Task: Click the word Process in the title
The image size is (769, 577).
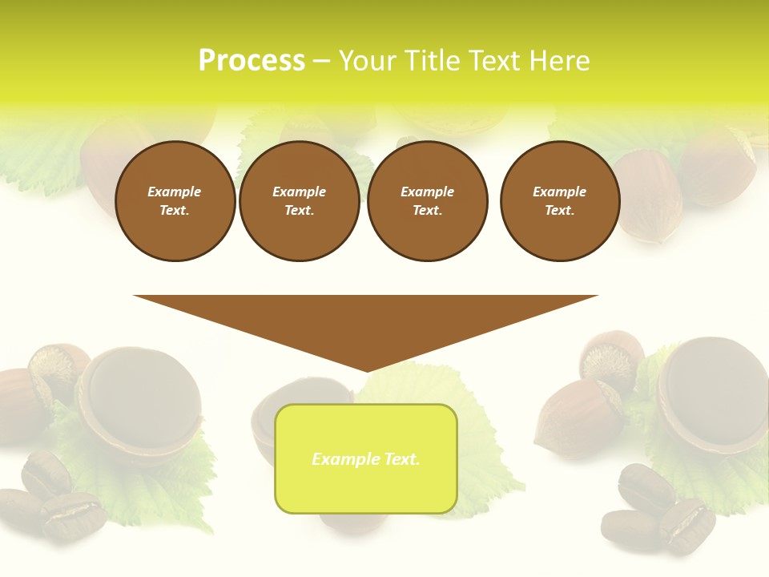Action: click(252, 61)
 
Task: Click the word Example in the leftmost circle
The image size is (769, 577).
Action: click(175, 192)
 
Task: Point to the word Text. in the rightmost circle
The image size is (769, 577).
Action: click(560, 211)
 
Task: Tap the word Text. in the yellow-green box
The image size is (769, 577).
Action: click(401, 459)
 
